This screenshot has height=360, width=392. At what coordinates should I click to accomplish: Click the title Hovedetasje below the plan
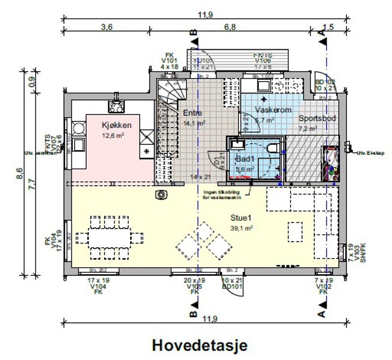click(x=200, y=345)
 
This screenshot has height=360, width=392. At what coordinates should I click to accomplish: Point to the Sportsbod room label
click(x=317, y=119)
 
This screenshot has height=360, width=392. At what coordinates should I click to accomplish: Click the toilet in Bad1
click(x=273, y=148)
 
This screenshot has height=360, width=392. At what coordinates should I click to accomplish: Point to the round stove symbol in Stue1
click(x=161, y=195)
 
